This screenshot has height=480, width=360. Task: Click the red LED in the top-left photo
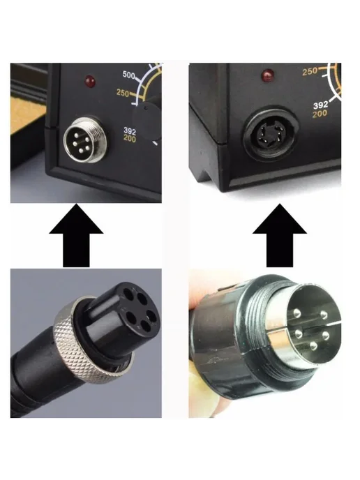tap(90, 82)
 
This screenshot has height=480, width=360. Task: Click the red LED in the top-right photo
tap(267, 75)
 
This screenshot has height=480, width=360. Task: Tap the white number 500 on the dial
tap(129, 75)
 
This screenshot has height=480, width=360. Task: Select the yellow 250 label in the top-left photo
tap(123, 93)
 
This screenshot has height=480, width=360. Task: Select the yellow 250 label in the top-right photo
tap(310, 71)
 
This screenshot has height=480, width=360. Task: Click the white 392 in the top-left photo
tap(130, 131)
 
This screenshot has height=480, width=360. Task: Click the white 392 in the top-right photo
tap(320, 105)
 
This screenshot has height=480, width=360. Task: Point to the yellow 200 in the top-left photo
tap(130, 138)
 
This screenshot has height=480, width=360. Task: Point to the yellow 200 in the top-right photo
tap(320, 114)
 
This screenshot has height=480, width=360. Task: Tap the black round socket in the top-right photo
tap(270, 133)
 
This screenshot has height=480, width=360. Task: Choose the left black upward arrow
tap(76, 236)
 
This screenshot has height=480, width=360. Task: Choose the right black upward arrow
tap(279, 236)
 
